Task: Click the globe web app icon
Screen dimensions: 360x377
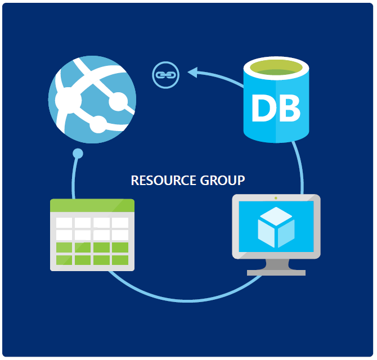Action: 93,99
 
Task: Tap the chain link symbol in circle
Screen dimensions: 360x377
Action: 165,74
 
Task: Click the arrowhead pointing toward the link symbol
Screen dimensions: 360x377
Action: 192,71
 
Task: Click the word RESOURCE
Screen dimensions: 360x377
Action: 164,181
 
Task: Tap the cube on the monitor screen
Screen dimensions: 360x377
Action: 276,227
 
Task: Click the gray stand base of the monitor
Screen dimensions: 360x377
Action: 276,272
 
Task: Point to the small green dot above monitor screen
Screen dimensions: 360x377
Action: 276,198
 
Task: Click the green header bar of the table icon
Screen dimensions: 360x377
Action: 92,205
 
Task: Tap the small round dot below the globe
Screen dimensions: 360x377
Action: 78,153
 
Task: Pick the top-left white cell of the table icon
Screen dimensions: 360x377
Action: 64,223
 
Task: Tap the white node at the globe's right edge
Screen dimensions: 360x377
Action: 119,102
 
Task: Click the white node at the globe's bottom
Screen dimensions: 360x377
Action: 99,123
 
